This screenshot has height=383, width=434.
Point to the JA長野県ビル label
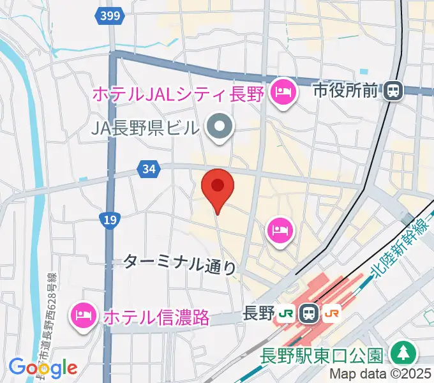(144, 128)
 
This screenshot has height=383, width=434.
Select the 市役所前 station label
(345, 91)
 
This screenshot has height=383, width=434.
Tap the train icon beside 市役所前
(393, 91)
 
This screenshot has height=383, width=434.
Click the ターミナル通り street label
(179, 263)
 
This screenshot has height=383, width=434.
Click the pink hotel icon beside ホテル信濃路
(84, 314)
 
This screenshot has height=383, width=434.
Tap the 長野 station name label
(259, 313)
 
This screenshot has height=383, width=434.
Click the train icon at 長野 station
(310, 313)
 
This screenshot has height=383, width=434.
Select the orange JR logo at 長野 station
(331, 313)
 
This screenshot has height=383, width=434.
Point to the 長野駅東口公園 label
(322, 355)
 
